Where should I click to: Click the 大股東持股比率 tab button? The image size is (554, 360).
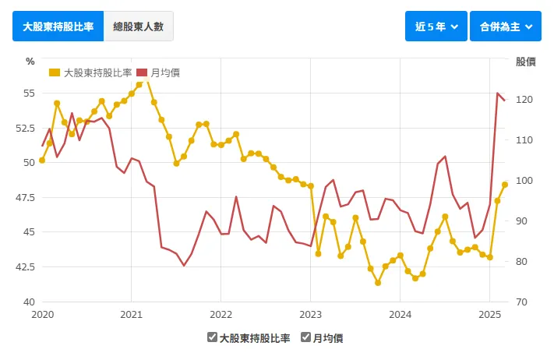[x=58, y=26]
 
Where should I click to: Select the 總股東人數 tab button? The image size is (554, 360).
[x=138, y=26]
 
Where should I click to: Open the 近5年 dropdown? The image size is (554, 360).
[x=436, y=26]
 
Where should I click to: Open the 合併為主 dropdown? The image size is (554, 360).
[x=505, y=26]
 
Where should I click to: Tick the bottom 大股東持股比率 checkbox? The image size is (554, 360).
[x=212, y=337]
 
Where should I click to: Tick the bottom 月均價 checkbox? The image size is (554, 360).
[x=306, y=337]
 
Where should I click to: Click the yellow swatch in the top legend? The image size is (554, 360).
[x=54, y=72]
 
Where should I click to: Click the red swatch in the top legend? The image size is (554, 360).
[x=142, y=72]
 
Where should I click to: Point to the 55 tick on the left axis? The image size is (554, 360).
[x=30, y=93]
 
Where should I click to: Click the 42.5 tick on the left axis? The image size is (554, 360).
[x=26, y=266]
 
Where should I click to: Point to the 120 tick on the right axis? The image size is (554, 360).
[x=524, y=100]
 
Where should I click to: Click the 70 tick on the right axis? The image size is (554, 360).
[x=521, y=302]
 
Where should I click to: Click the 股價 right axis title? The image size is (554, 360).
[x=525, y=61]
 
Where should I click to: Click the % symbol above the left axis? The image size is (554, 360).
[x=30, y=61]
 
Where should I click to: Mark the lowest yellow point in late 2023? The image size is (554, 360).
[x=378, y=283]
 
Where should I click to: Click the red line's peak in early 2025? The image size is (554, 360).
[x=498, y=94]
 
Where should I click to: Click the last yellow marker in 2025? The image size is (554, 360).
[x=505, y=185]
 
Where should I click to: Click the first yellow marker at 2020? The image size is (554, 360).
[x=42, y=161]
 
